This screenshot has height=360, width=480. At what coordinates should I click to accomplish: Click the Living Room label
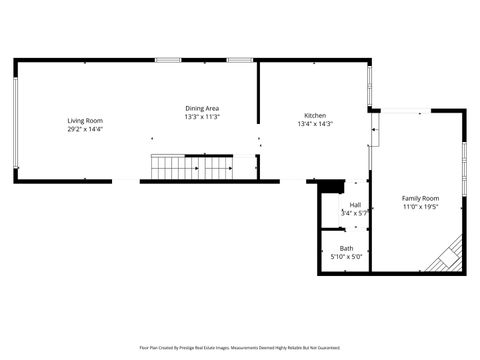click(x=85, y=121)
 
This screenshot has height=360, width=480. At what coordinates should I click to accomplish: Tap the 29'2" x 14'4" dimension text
click(x=85, y=129)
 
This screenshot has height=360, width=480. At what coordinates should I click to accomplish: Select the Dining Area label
click(x=202, y=108)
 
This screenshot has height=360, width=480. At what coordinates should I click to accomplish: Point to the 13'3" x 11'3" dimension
click(x=202, y=116)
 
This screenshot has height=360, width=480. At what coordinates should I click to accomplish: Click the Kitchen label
click(x=315, y=116)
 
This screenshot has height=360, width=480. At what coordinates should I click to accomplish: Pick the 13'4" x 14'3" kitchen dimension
click(x=315, y=124)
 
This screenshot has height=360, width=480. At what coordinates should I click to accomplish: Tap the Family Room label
click(x=420, y=198)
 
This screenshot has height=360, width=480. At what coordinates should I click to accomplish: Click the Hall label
click(x=355, y=205)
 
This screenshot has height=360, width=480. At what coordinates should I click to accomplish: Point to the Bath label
click(x=346, y=248)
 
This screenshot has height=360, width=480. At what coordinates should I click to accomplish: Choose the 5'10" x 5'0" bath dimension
click(x=346, y=256)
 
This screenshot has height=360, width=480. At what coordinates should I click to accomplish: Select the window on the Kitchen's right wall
click(x=370, y=89)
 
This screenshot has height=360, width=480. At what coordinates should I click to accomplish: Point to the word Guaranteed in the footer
click(x=327, y=348)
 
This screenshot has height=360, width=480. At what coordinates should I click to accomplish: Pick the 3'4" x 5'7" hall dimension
click(x=355, y=213)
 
